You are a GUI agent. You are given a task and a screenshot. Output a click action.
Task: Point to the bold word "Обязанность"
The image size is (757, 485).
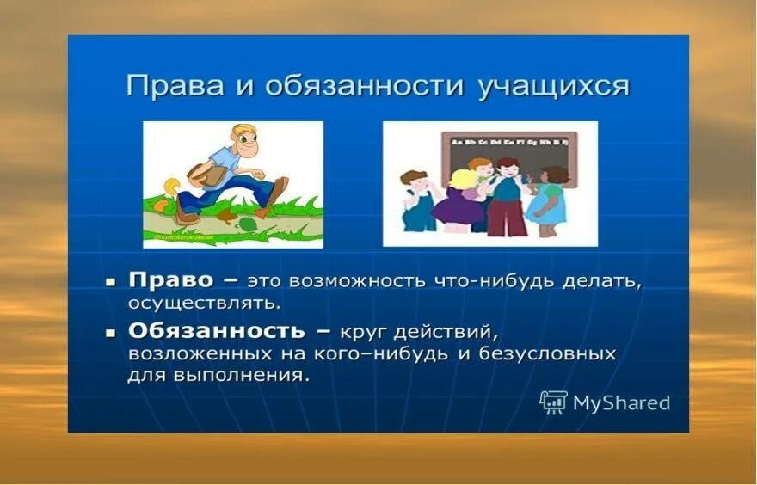click(216, 331)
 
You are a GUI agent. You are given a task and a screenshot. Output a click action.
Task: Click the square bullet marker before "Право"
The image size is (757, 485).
click(110, 281)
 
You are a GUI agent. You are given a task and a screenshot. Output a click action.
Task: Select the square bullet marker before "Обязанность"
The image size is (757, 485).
click(110, 331)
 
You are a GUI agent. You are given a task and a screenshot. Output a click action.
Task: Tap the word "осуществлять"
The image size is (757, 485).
click(204, 303)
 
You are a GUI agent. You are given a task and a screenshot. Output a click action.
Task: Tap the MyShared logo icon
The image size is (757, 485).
click(552, 402)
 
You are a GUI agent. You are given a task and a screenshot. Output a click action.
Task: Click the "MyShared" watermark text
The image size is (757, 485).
click(621, 402)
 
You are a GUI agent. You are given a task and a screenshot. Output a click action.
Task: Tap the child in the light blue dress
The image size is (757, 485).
click(549, 200)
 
